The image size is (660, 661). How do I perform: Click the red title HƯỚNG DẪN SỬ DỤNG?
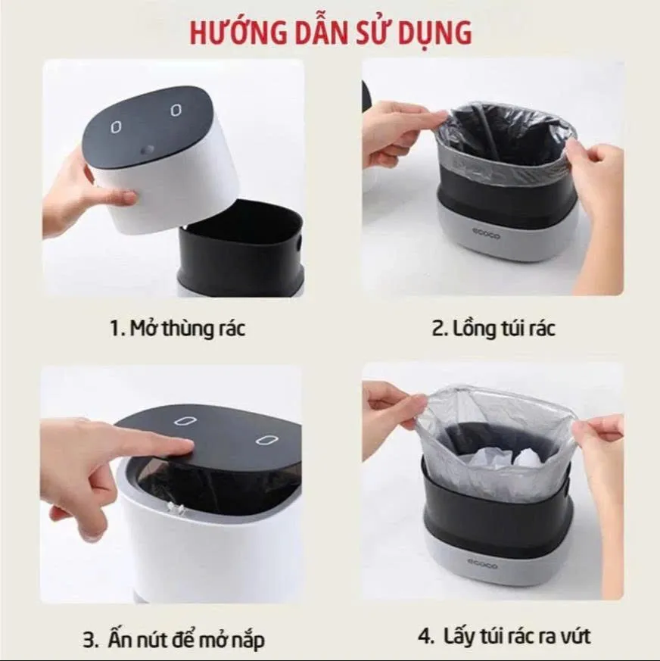331,33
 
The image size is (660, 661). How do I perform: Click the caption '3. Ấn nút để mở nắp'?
173,640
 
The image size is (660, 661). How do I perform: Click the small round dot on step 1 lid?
149,148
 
